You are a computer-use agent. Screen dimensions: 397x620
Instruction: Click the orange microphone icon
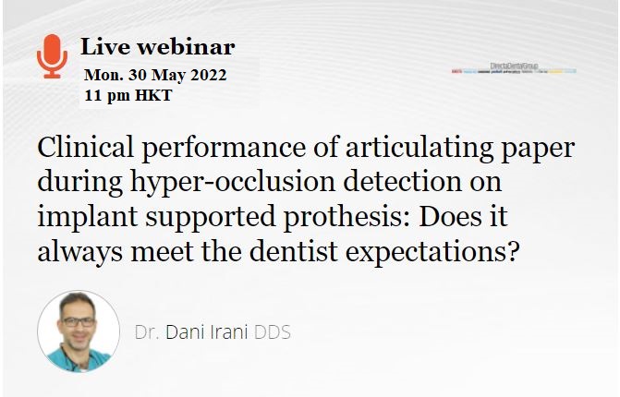pos(52,55)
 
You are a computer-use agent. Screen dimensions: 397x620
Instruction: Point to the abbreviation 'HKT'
pos(152,95)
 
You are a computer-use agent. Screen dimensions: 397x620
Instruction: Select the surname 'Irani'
pos(230,331)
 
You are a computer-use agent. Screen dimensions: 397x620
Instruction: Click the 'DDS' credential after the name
pos(273,331)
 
